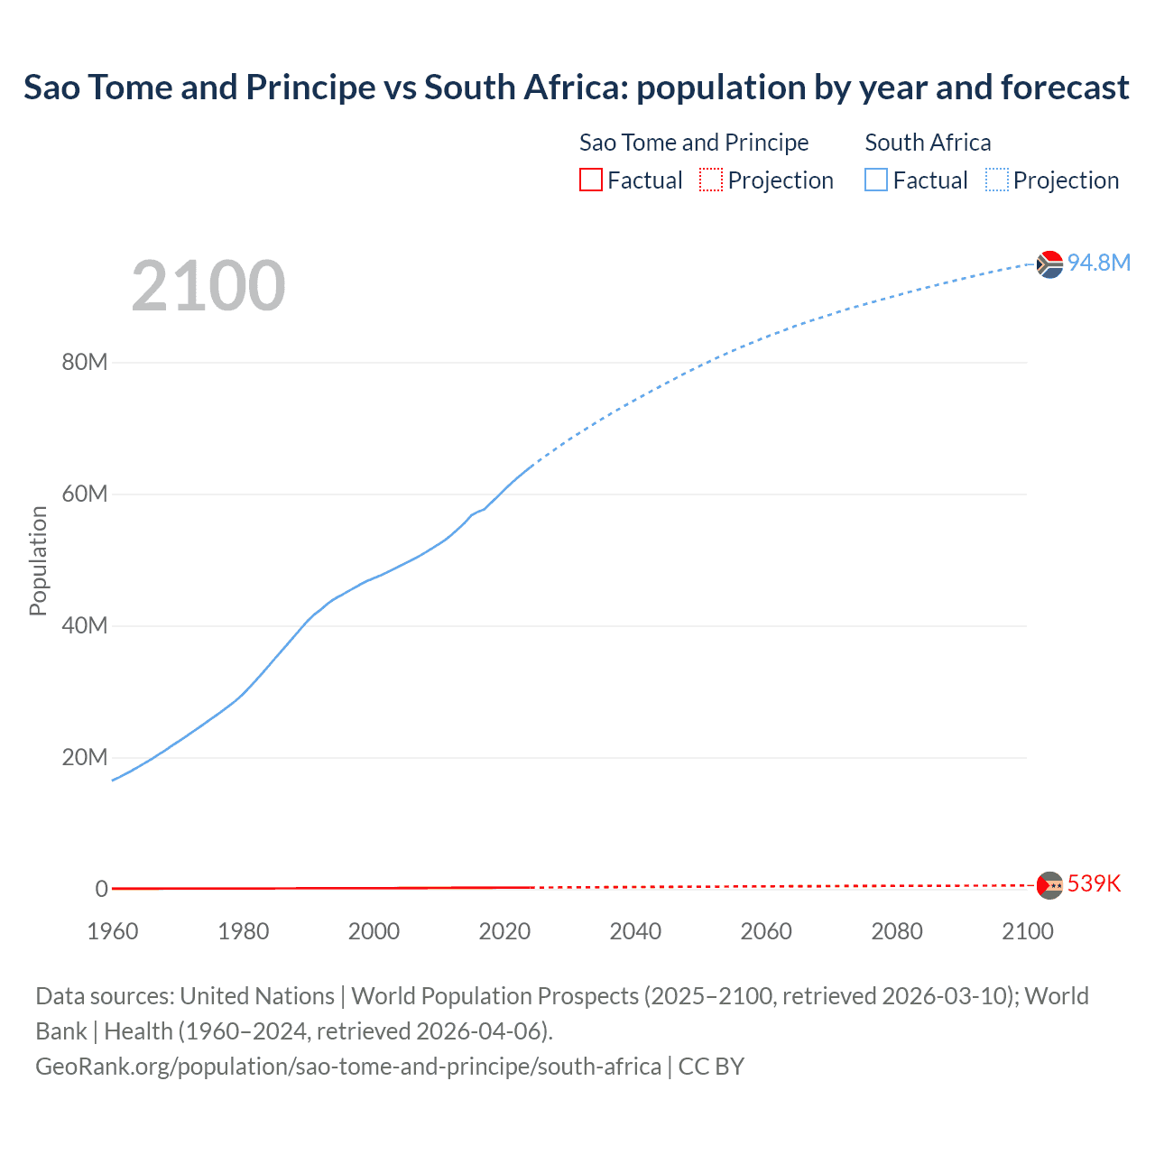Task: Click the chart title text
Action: coord(576,88)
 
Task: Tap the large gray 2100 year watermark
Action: coord(208,286)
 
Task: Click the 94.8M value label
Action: coord(1098,263)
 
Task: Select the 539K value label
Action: coord(1094,883)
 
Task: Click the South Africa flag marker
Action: coord(1049,264)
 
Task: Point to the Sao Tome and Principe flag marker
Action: coord(1049,885)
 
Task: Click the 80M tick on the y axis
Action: coord(85,362)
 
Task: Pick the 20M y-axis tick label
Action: coord(85,757)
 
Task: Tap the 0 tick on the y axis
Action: coord(101,889)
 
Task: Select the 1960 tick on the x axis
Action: coord(113,931)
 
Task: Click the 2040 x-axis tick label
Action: coord(635,931)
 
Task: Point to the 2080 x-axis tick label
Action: coord(897,931)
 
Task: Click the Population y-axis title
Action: coord(38,560)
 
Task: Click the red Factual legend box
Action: coord(591,180)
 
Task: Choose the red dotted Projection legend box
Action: coord(711,180)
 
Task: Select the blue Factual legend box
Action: coord(876,180)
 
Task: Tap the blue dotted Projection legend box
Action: coord(997,180)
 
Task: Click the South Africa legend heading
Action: coord(928,143)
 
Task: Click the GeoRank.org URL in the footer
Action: coord(348,1067)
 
